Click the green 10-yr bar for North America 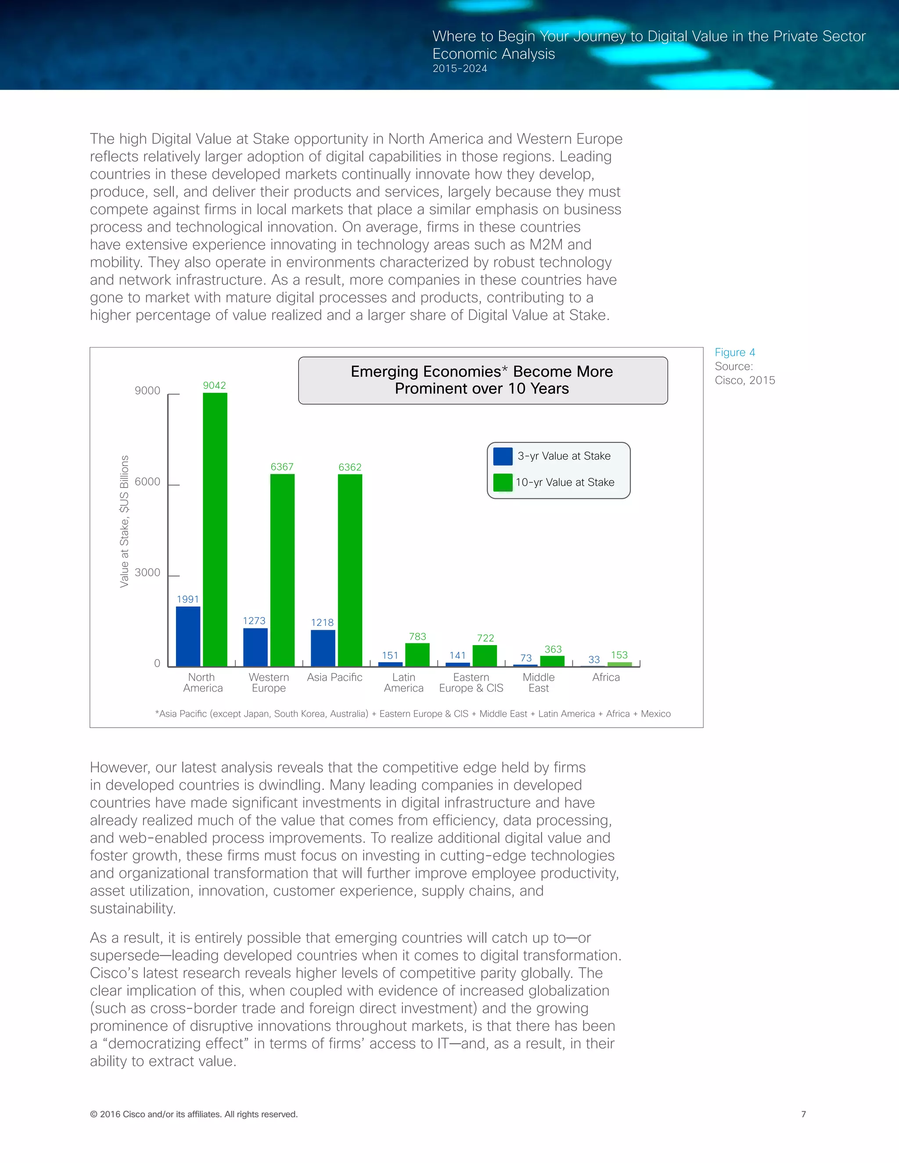[x=215, y=529]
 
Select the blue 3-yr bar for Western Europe [x=255, y=647]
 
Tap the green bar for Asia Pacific [x=350, y=570]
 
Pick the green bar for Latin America [x=417, y=654]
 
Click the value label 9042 [x=214, y=385]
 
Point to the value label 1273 [x=254, y=621]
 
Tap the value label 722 [x=485, y=637]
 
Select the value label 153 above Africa [x=619, y=654]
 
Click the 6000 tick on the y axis [x=147, y=481]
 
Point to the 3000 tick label [x=147, y=572]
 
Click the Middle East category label [x=539, y=682]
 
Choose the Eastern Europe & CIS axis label [x=471, y=682]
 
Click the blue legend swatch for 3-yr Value [x=503, y=456]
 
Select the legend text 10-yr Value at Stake [x=565, y=482]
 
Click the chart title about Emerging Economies [x=482, y=380]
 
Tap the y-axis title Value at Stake [x=124, y=521]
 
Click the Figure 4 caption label [x=734, y=352]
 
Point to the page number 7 [x=803, y=1113]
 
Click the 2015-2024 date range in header [x=460, y=68]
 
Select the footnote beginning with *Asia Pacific [x=413, y=714]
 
